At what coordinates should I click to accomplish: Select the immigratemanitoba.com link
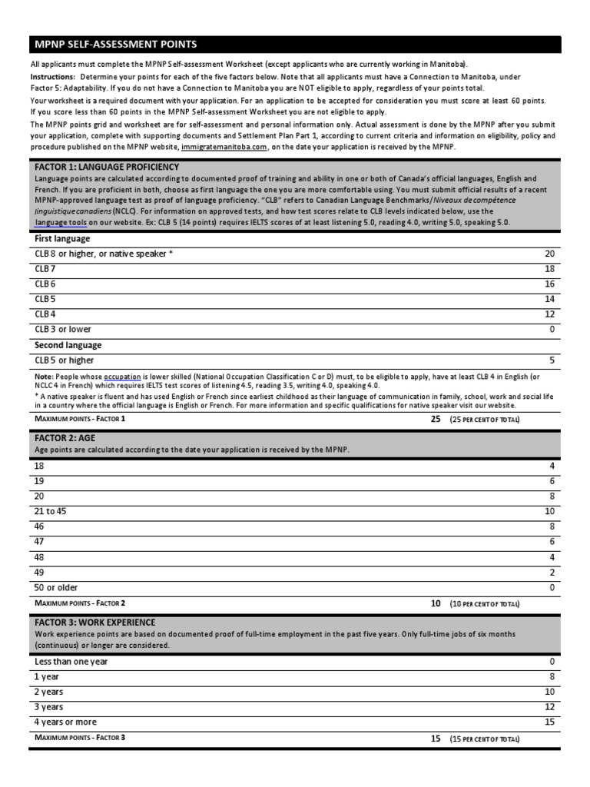coord(224,147)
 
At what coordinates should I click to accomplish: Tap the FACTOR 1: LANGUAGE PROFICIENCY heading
coord(107,167)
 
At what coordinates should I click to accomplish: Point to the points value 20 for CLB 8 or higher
coord(549,254)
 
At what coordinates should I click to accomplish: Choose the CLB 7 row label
coord(45,269)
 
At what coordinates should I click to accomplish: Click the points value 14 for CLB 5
coord(549,299)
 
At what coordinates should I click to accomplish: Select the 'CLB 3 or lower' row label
coord(63,329)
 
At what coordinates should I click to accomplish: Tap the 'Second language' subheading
coord(68,345)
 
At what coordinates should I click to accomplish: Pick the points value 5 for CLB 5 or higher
coord(551,360)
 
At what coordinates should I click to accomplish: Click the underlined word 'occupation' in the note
coord(122,377)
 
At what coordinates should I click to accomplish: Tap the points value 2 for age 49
coord(551,572)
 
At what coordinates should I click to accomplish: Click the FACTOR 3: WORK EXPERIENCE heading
coord(94,622)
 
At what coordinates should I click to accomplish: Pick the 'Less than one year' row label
coord(71,661)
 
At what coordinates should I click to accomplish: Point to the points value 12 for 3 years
coord(549,706)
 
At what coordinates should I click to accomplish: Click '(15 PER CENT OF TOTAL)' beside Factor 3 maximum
coord(485,739)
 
